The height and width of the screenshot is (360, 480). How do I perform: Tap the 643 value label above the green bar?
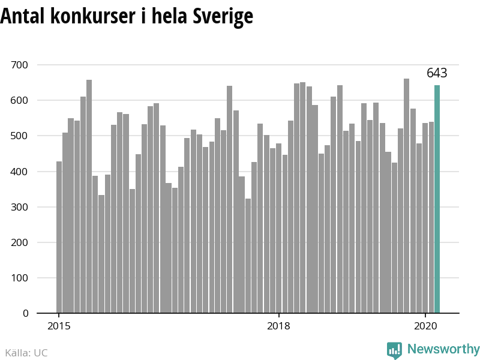tap(437, 73)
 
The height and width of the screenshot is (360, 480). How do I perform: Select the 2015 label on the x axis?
tap(59, 326)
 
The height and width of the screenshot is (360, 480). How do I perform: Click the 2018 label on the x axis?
tap(278, 326)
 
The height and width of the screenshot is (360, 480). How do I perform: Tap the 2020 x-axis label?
tap(425, 326)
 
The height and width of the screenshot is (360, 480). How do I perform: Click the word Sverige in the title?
tap(223, 16)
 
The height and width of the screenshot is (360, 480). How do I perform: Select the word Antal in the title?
tap(23, 16)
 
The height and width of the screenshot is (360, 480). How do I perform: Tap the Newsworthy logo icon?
tap(394, 350)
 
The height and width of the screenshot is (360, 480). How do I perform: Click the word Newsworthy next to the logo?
tap(443, 349)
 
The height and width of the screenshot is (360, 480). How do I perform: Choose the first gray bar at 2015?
tap(59, 237)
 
